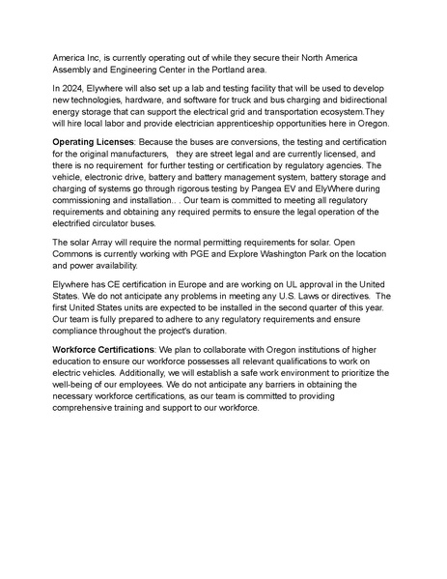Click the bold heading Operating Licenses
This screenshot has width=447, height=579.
tap(95, 142)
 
